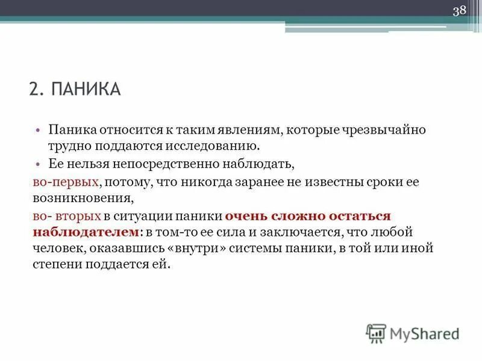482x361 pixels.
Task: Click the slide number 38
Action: (x=460, y=11)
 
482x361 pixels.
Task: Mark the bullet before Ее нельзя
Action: (x=38, y=164)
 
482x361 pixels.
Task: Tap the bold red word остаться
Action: (x=360, y=215)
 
